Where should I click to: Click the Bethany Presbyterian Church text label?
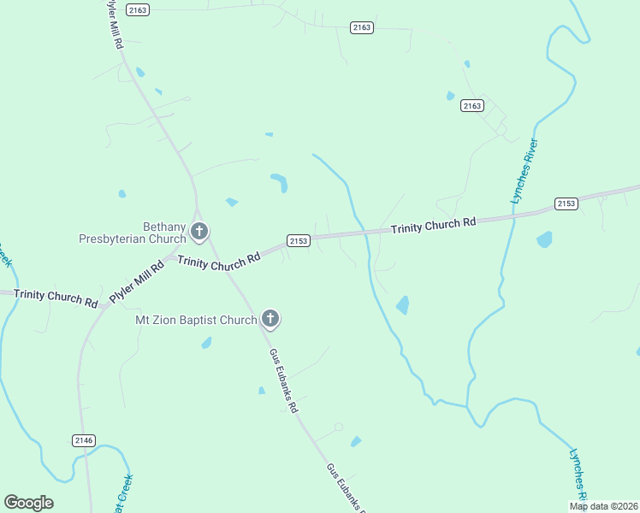132,233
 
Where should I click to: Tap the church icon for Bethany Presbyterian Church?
199,230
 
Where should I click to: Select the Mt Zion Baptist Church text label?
196,320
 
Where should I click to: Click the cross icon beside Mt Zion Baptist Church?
270,320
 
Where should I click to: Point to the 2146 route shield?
84,439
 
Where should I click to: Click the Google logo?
28,503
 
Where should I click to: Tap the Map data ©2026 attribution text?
603,506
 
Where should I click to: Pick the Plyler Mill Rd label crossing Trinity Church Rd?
137,283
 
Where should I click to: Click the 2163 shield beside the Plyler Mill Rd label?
137,9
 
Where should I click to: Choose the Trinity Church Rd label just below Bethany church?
218,260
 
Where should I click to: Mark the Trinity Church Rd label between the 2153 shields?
433,227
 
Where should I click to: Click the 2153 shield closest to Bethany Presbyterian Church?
298,241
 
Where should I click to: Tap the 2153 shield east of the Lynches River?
566,203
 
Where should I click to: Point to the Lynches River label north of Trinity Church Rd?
523,170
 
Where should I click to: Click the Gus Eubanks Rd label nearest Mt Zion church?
283,381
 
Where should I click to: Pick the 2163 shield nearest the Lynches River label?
471,105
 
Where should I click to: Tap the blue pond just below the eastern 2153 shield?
544,239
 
